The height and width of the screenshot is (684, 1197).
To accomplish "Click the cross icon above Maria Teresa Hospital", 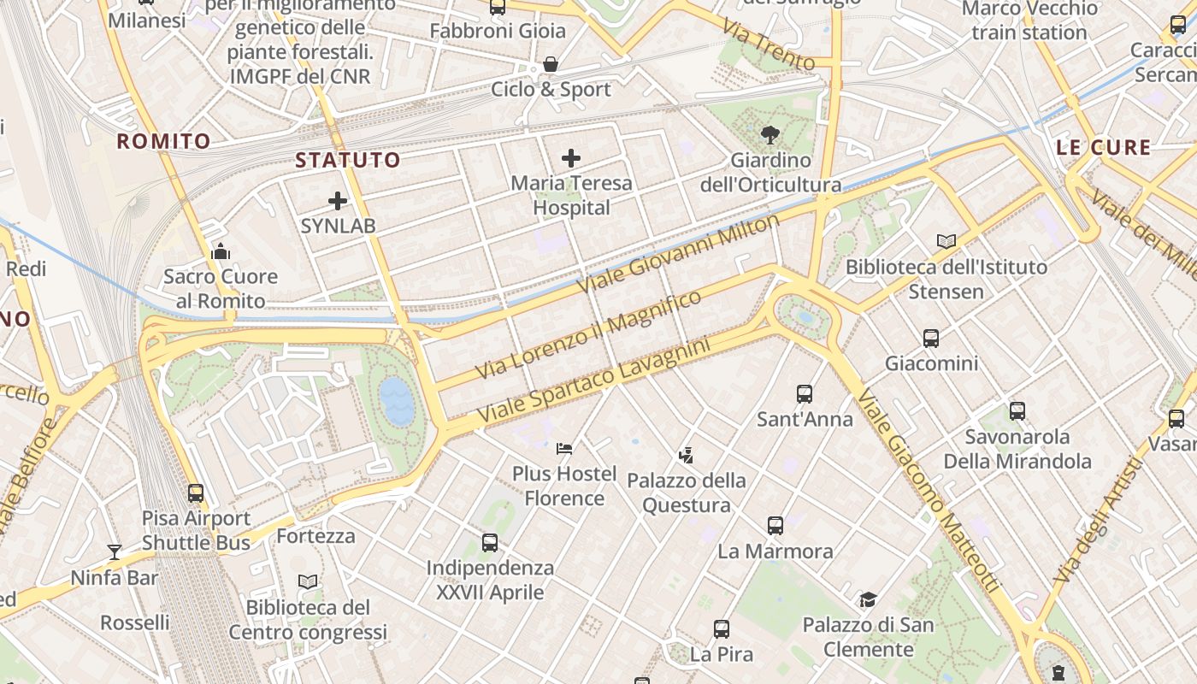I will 571,158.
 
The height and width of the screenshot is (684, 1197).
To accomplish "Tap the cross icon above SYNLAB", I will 338,201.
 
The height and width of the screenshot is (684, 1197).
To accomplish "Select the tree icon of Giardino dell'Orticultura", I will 769,134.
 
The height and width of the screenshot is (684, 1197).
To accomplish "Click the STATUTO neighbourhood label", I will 348,160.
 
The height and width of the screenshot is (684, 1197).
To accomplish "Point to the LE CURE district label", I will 1103,147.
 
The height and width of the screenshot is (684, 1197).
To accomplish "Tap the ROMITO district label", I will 163,142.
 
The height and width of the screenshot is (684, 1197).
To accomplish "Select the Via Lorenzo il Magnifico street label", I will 589,334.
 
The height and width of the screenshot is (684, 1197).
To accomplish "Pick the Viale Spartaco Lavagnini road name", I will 593,381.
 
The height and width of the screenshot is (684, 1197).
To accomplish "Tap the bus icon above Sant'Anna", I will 805,394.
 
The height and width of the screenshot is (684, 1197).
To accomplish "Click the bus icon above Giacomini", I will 931,339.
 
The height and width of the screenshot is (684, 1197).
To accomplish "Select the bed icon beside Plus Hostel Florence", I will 563,448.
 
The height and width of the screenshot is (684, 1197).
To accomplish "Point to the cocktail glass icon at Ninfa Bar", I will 114,552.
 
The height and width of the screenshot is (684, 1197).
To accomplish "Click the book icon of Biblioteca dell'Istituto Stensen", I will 946,242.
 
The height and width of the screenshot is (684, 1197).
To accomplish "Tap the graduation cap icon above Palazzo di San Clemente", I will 868,599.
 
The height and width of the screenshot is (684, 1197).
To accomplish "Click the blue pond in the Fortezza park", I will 398,402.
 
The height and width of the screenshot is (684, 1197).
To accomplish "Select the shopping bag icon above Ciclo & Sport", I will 551,64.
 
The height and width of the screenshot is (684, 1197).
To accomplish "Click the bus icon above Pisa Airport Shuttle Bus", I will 196,493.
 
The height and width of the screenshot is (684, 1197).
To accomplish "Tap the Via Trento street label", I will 768,45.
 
